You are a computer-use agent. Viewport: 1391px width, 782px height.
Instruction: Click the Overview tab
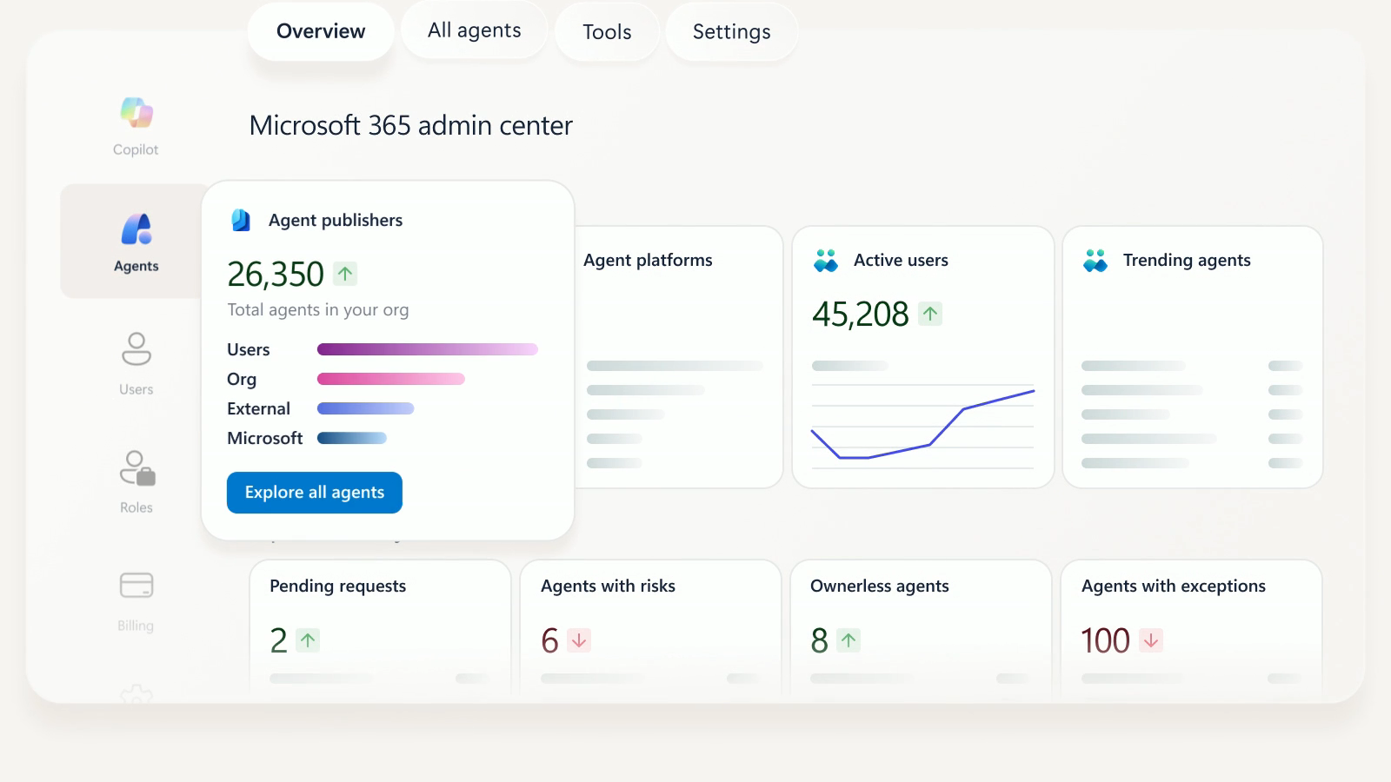pos(321,31)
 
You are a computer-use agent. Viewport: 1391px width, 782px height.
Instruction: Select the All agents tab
pos(474,30)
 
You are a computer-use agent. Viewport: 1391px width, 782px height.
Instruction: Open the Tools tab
pos(607,32)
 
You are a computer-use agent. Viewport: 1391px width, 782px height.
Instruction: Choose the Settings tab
pos(731,32)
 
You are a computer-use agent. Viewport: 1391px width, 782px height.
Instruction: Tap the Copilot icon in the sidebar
pos(136,113)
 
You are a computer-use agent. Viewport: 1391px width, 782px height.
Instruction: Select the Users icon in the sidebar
pos(136,349)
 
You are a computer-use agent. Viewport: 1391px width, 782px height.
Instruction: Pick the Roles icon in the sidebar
pos(136,467)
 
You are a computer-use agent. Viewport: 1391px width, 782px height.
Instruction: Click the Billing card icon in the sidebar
pos(136,586)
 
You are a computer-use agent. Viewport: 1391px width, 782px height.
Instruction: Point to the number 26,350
pos(276,275)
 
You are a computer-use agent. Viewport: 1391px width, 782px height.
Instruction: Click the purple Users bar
pos(427,349)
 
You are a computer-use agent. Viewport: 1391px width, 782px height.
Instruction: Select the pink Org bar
pos(390,379)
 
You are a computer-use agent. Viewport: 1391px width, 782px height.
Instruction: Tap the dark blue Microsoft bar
pos(351,438)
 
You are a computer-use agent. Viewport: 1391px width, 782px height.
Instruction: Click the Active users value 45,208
pos(860,315)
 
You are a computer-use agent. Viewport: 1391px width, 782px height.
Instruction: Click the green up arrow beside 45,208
pos(930,314)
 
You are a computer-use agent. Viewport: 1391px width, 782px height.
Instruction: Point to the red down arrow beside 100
pos(1150,640)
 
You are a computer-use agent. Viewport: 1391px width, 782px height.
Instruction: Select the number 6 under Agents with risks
pos(549,641)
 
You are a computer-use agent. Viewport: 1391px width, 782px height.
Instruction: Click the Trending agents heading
pos(1186,260)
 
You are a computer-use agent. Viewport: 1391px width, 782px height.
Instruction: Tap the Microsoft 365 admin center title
pos(410,125)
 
